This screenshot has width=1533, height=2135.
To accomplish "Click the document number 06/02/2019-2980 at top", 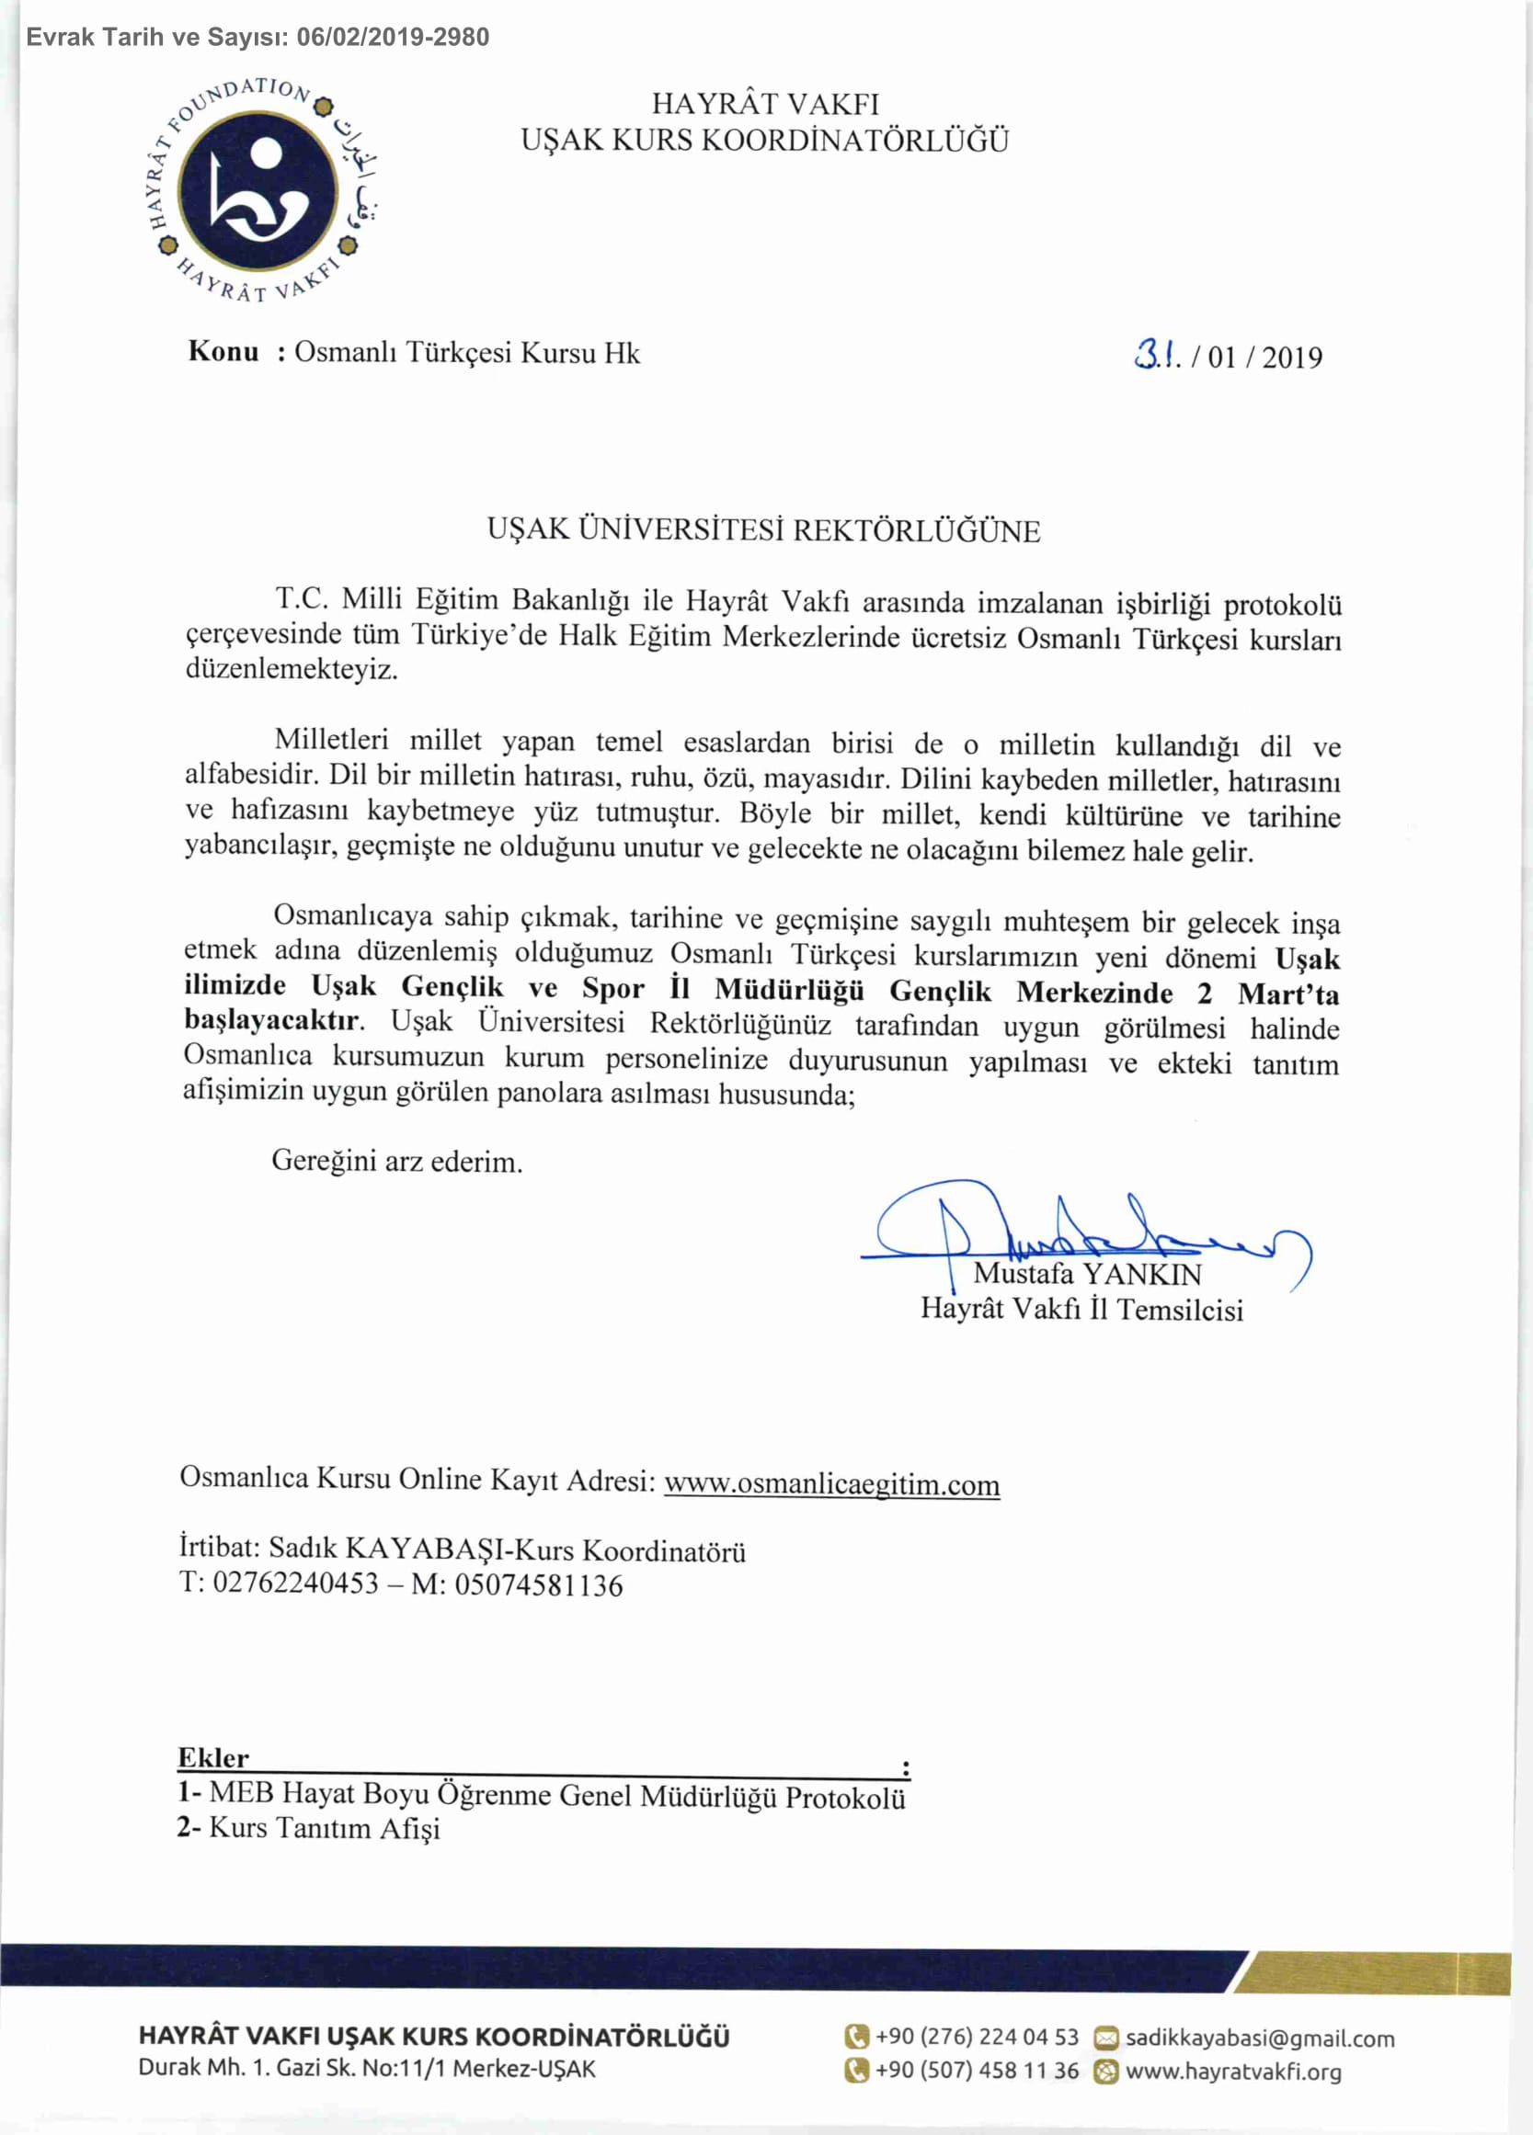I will pyautogui.click(x=393, y=38).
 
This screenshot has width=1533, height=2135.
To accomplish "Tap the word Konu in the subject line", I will pyautogui.click(x=223, y=352).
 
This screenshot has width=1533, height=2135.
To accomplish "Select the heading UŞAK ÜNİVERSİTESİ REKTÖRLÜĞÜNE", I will pyautogui.click(x=763, y=531).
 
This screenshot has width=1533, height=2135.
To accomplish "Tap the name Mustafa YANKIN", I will pyautogui.click(x=1088, y=1275).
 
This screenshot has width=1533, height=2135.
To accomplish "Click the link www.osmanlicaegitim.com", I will pyautogui.click(x=831, y=1484).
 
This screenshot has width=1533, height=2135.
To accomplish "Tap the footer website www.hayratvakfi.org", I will pyautogui.click(x=1232, y=2071).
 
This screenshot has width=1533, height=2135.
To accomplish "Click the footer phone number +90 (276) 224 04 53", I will pyautogui.click(x=977, y=2037).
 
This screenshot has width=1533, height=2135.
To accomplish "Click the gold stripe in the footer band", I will pyautogui.click(x=1375, y=1973).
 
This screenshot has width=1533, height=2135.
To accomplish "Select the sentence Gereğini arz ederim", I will pyautogui.click(x=396, y=1162).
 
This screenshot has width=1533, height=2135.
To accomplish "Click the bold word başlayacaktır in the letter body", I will pyautogui.click(x=271, y=1020).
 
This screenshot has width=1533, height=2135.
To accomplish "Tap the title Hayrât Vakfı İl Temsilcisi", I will pyautogui.click(x=1082, y=1310).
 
